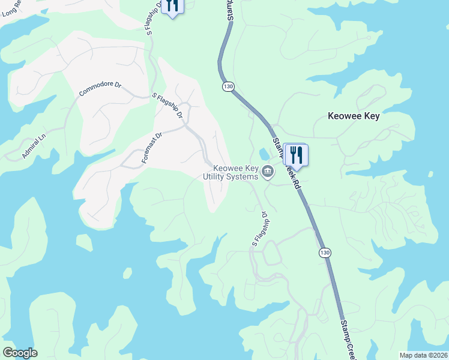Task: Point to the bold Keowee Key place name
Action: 354,116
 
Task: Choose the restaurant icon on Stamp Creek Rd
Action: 295,155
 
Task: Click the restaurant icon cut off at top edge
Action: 172,6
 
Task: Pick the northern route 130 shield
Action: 228,87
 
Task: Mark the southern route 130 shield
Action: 324,253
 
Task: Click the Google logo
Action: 20,353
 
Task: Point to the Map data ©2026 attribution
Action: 424,355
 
